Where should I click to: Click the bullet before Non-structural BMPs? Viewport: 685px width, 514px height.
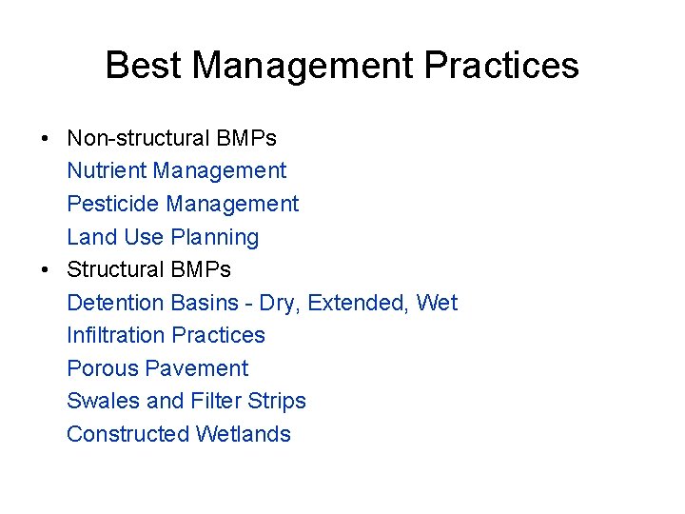[46, 139]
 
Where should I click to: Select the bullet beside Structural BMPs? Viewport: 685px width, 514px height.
[46, 270]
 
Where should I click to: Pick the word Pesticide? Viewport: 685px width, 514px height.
[113, 204]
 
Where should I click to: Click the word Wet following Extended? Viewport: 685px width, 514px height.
[438, 303]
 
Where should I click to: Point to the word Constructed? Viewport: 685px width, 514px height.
[127, 434]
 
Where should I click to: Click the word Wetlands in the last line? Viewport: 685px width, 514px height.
[244, 434]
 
